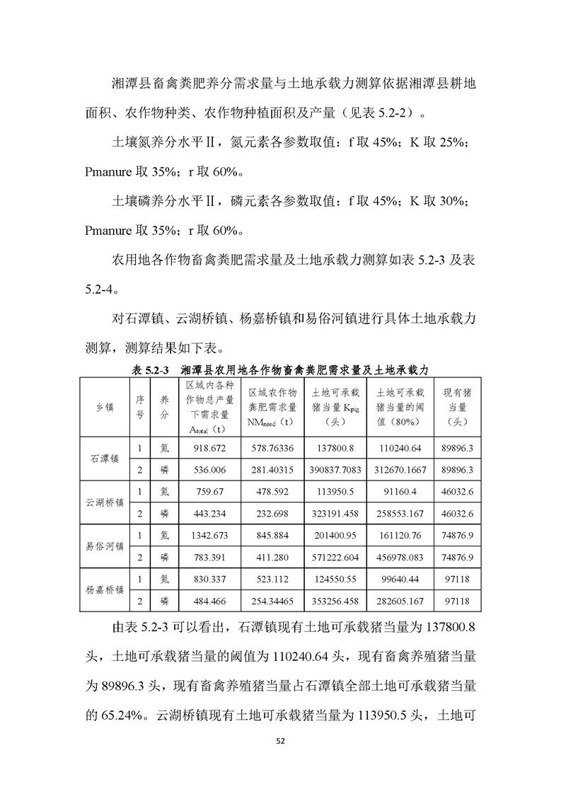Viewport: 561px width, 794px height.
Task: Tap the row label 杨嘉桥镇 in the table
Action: click(104, 589)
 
